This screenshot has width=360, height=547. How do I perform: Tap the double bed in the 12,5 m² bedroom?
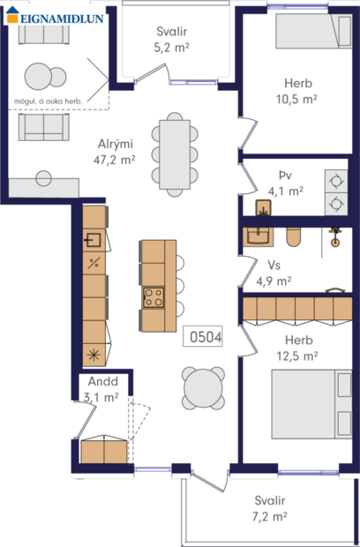pyautogui.click(x=305, y=402)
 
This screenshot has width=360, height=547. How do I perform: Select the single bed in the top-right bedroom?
pyautogui.click(x=312, y=32)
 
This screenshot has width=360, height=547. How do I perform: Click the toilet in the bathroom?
pyautogui.click(x=294, y=236)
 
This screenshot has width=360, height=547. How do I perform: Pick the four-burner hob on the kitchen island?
pyautogui.click(x=154, y=296)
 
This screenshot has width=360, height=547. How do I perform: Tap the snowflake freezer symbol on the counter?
pyautogui.click(x=94, y=356)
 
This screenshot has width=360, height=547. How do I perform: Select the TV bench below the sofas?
pyautogui.click(x=42, y=187)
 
